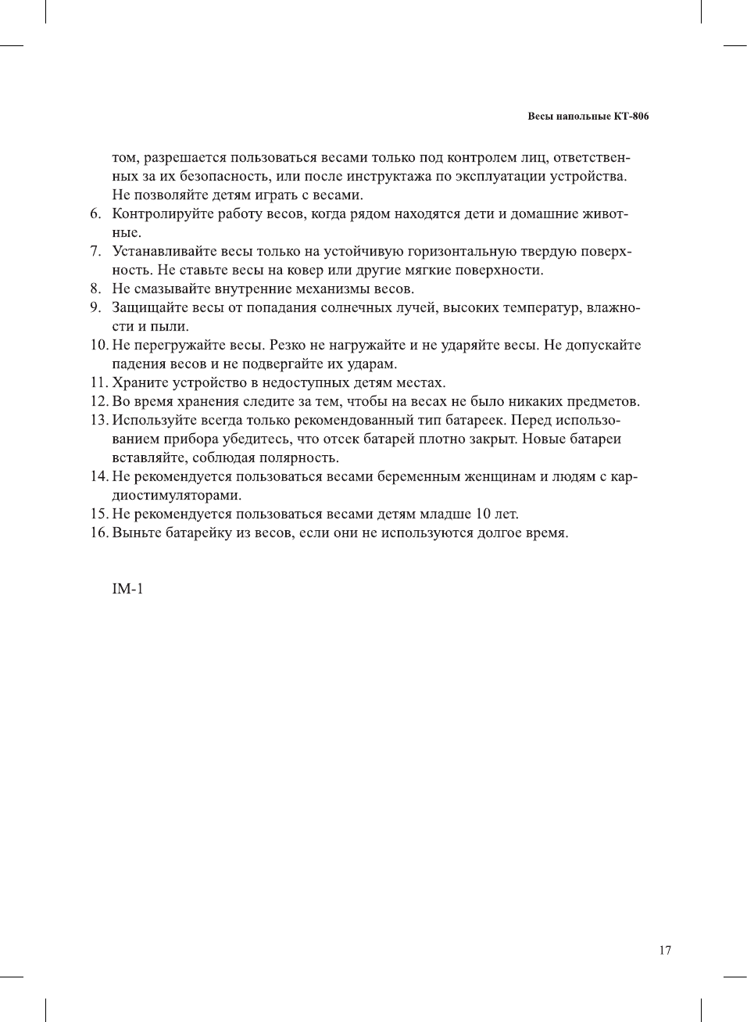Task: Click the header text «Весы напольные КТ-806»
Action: pos(588,117)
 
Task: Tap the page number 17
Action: pos(665,950)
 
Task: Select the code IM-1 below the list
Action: pos(127,589)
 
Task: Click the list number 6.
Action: pos(95,213)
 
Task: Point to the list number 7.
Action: pos(95,251)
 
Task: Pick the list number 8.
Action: pos(95,289)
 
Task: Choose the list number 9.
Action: pos(95,307)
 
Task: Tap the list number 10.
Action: pos(98,345)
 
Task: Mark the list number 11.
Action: pos(98,382)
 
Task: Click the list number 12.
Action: pos(98,401)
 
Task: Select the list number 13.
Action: pos(98,420)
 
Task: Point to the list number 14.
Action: pos(98,476)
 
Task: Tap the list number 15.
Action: pos(98,514)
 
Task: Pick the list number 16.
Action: pos(98,533)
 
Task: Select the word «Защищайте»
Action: pos(150,307)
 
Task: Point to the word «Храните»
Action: pos(138,382)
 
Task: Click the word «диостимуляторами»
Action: pos(177,495)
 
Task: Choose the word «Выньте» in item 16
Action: pos(137,533)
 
